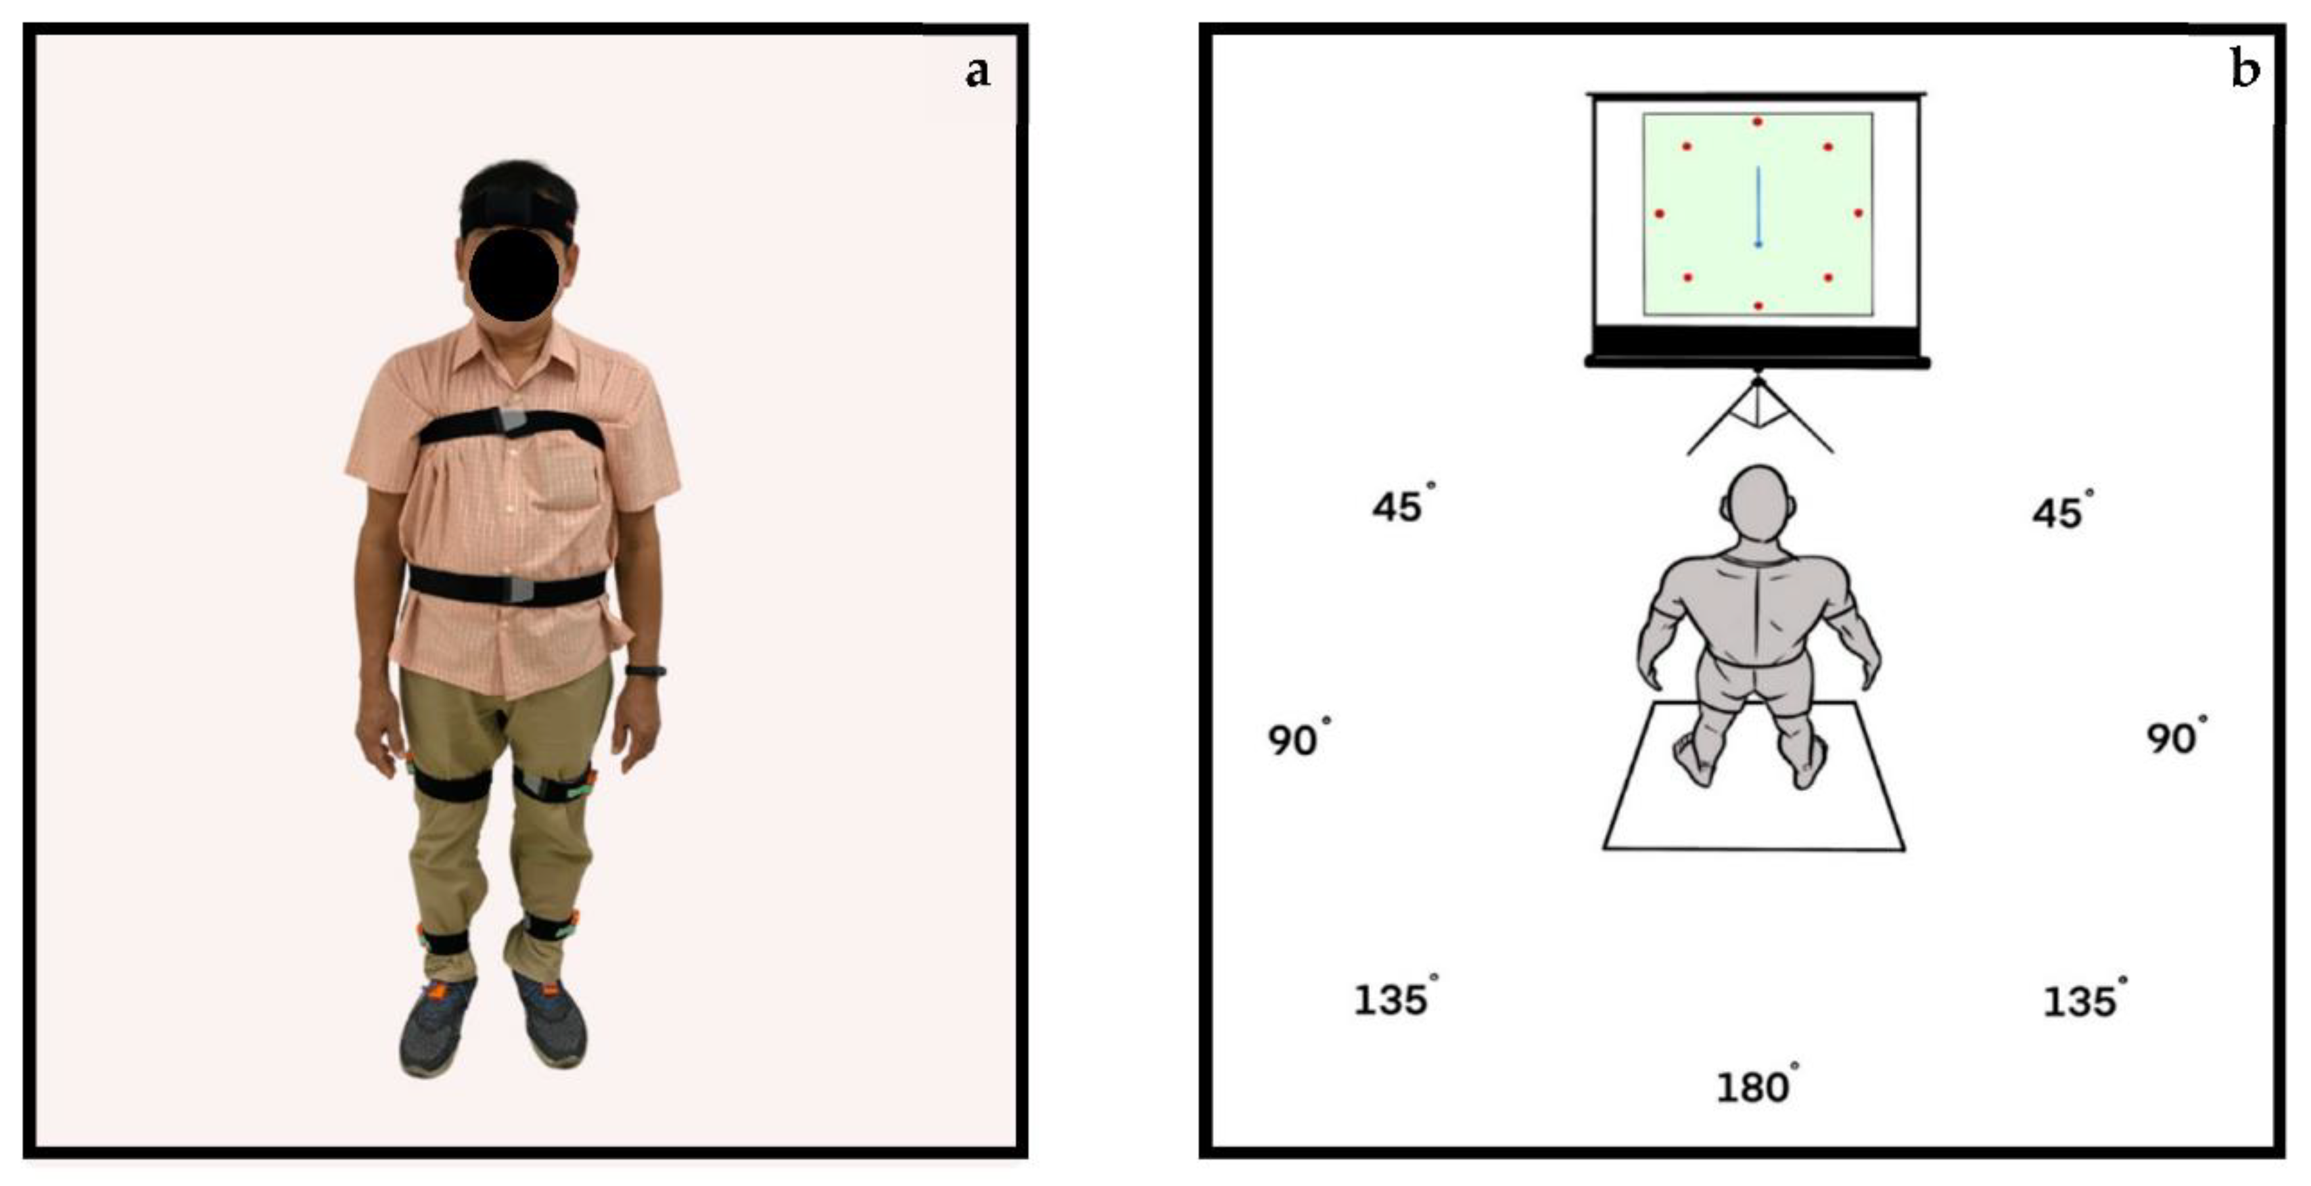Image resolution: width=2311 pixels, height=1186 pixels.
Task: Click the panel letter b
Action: (2245, 68)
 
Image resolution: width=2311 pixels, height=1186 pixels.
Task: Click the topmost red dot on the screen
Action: (1758, 121)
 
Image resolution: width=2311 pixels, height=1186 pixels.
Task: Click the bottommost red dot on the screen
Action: (1758, 306)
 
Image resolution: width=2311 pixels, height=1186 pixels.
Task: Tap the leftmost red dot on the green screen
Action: (1660, 214)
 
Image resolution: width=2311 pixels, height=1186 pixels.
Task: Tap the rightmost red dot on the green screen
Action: (1858, 213)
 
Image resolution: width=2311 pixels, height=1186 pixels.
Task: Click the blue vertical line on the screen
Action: (1758, 206)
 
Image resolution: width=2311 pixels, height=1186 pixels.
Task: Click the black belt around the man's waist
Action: (507, 586)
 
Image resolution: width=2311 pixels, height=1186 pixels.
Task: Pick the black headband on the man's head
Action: (518, 216)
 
